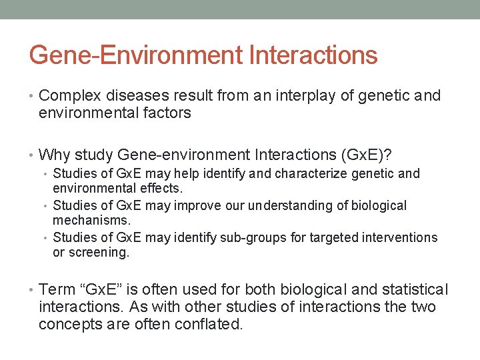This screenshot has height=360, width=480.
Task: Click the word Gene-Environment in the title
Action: (136, 55)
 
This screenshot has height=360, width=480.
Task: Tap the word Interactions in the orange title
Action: (313, 55)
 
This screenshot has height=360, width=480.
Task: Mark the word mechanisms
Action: (91, 221)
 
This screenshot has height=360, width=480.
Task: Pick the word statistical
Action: (415, 289)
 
